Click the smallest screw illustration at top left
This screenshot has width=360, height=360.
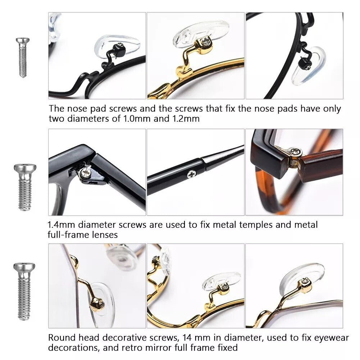[x=23, y=58]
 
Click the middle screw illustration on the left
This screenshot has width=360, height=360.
[x=25, y=187]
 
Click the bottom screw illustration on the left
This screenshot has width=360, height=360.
[x=24, y=291]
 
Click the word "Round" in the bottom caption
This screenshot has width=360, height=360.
[x=62, y=338]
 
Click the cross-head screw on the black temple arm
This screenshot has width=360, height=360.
[x=191, y=174]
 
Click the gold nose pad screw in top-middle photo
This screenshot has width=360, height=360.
[x=204, y=41]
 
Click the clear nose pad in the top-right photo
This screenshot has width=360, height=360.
[x=309, y=66]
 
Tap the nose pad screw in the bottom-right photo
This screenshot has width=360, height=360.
[x=305, y=281]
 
